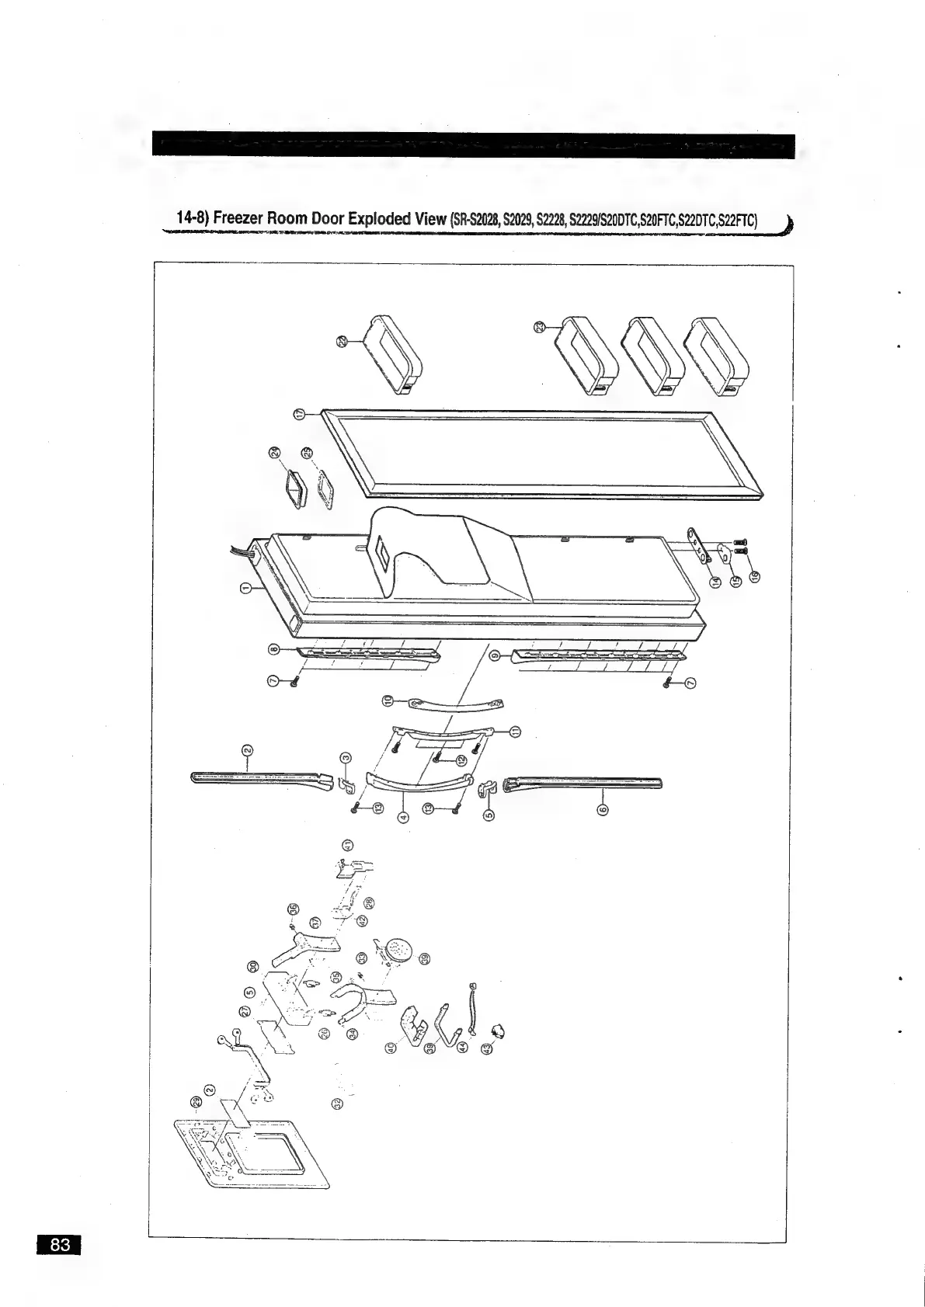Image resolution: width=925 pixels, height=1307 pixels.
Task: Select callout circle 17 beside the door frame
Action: (300, 414)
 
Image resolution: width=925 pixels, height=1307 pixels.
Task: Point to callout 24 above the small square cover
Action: (274, 453)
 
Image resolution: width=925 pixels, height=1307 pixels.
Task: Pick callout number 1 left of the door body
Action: (247, 588)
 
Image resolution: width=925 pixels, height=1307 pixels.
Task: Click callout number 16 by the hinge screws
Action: (756, 576)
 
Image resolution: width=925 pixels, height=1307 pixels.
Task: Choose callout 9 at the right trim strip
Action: (495, 656)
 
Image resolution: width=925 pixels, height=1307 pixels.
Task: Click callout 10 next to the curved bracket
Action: (388, 700)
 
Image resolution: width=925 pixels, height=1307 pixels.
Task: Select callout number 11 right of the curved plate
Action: (515, 732)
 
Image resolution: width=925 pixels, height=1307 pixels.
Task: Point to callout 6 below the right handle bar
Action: (602, 810)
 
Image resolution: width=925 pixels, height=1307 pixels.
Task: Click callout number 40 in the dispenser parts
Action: (391, 1049)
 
